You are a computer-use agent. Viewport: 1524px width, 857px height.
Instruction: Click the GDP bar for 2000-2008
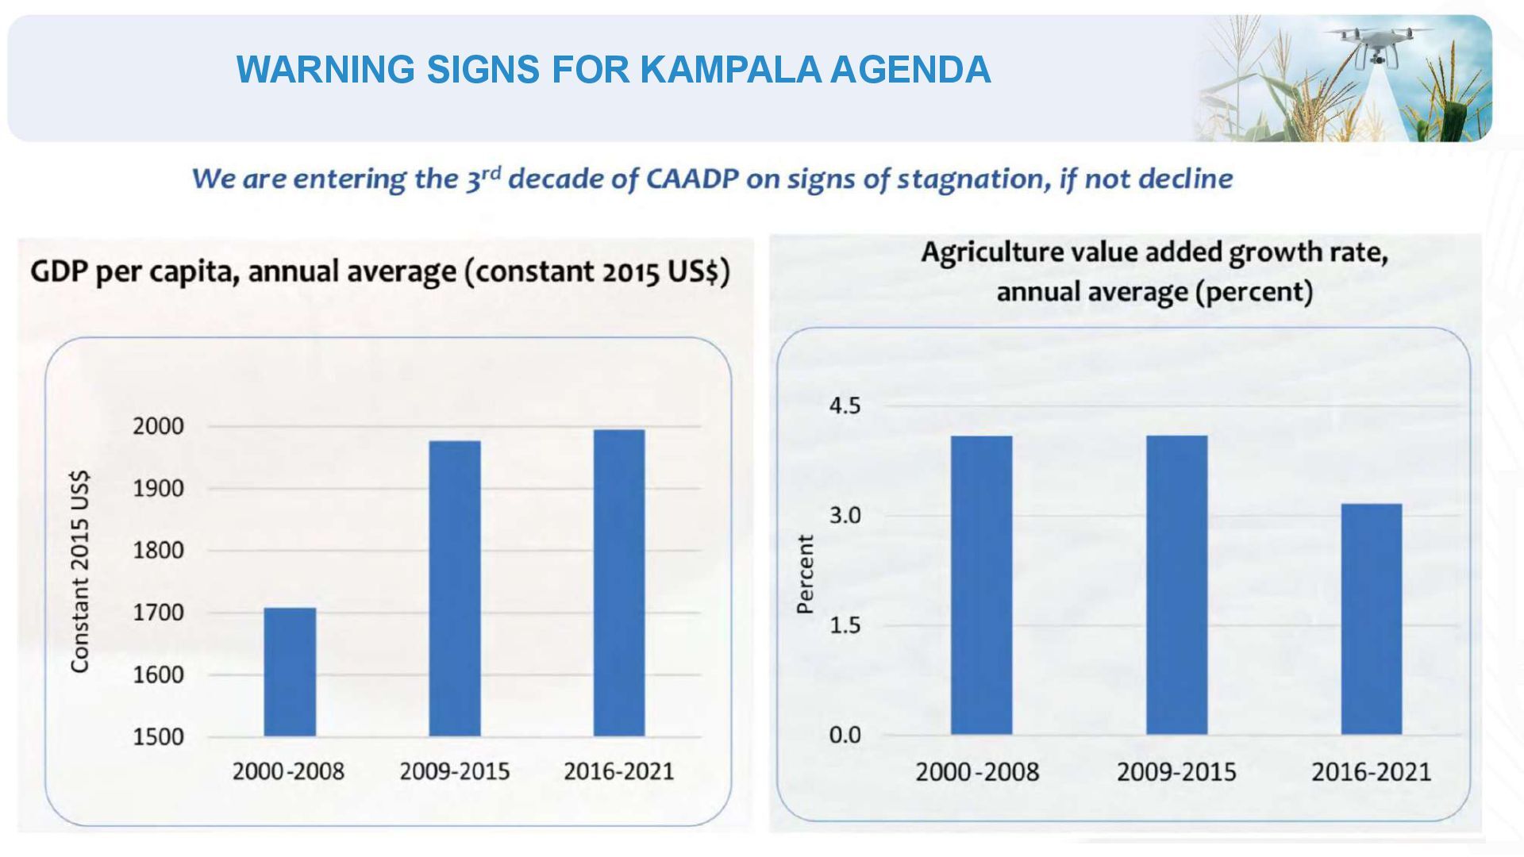pyautogui.click(x=290, y=672)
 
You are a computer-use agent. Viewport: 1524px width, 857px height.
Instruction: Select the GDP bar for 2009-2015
pyautogui.click(x=455, y=589)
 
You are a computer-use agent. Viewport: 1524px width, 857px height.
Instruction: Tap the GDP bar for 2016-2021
pyautogui.click(x=619, y=583)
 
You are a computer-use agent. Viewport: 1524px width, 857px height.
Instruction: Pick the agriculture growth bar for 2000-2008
pyautogui.click(x=982, y=585)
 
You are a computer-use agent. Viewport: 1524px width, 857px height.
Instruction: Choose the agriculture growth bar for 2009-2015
pyautogui.click(x=1177, y=585)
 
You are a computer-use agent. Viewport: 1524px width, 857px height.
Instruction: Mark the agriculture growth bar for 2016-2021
pyautogui.click(x=1372, y=619)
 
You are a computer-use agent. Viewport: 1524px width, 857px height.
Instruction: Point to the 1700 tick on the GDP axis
pyautogui.click(x=158, y=613)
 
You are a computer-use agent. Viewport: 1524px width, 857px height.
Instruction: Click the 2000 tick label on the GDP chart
pyautogui.click(x=158, y=426)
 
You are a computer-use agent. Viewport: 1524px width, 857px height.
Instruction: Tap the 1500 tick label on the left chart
pyautogui.click(x=158, y=736)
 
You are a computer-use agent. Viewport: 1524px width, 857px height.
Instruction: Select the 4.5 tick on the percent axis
pyautogui.click(x=845, y=406)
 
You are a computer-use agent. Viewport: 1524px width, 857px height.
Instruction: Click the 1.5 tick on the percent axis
pyautogui.click(x=845, y=625)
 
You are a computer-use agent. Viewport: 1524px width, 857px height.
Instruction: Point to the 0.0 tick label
pyautogui.click(x=845, y=735)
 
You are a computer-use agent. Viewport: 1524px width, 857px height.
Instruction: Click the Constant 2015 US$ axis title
pyautogui.click(x=80, y=571)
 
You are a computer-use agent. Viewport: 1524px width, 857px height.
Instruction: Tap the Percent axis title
pyautogui.click(x=806, y=574)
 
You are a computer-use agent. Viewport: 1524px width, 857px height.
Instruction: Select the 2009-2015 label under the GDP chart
pyautogui.click(x=455, y=771)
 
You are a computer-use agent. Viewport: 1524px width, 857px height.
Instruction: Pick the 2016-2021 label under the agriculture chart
pyautogui.click(x=1371, y=772)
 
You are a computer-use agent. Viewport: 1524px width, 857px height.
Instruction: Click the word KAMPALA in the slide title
pyautogui.click(x=729, y=70)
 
